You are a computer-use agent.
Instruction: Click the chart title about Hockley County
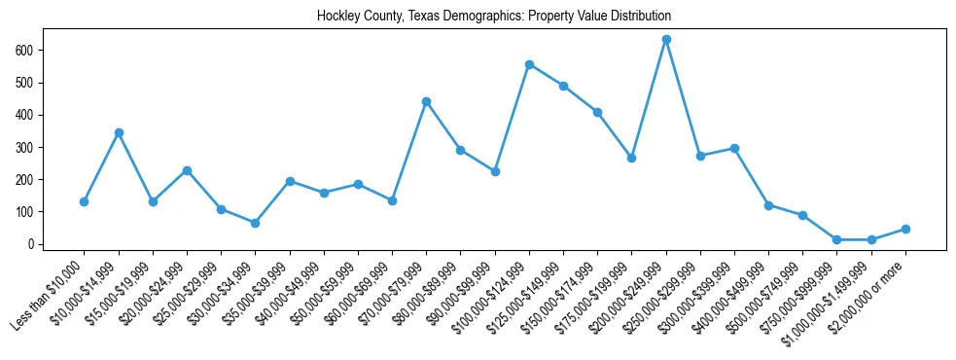[493, 17]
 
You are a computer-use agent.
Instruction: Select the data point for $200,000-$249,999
[666, 39]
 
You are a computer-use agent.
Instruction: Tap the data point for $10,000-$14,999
[119, 132]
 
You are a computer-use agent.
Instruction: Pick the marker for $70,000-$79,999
[426, 101]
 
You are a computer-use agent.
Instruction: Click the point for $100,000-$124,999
[529, 64]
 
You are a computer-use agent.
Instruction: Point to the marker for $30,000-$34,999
[255, 223]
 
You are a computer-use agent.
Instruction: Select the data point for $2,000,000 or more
[905, 229]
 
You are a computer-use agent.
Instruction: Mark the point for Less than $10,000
[85, 201]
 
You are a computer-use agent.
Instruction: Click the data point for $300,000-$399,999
[734, 148]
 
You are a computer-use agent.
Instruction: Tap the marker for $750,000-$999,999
[836, 239]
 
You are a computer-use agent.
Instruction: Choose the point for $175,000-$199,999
[631, 158]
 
